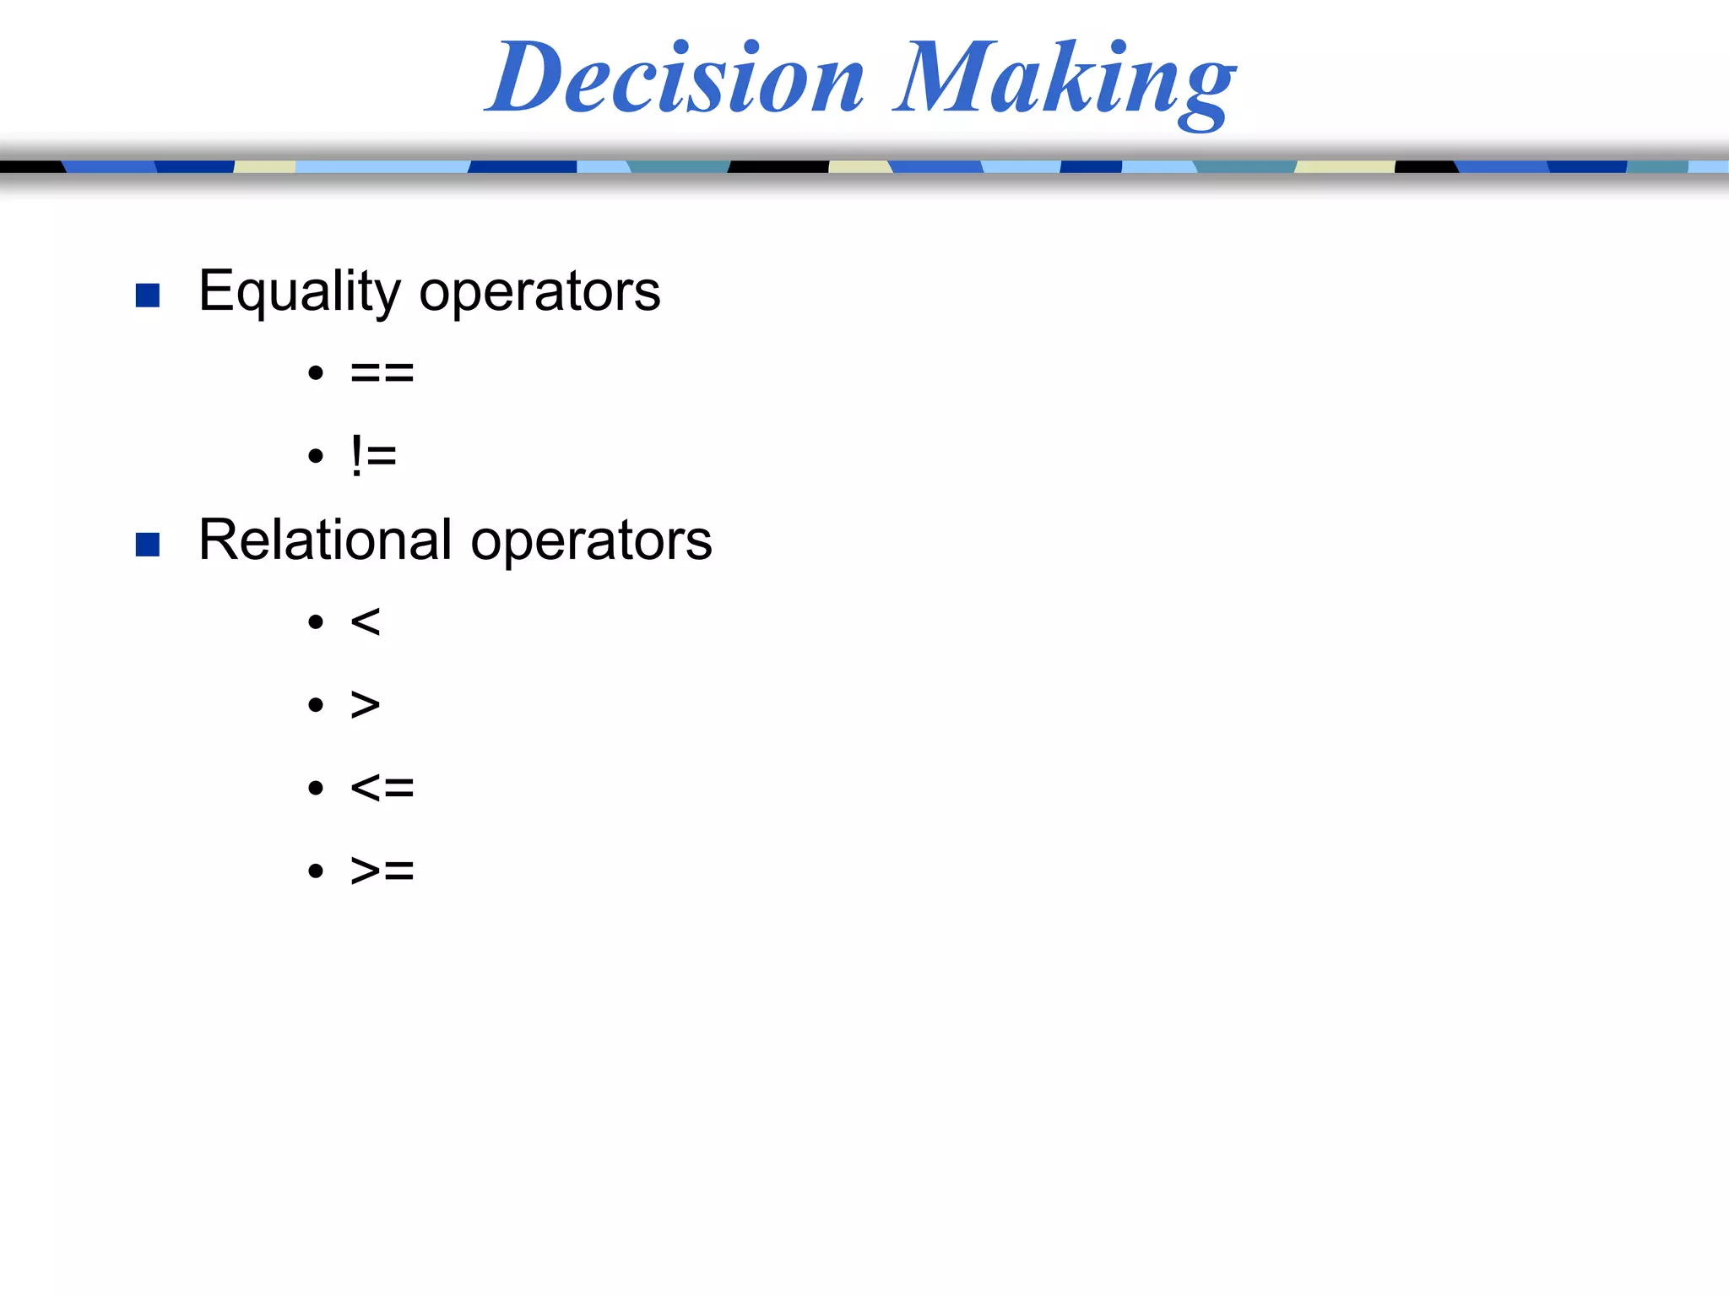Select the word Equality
click(300, 292)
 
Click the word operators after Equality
click(539, 292)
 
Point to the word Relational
click(325, 540)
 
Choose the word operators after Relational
click(591, 541)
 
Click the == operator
click(382, 372)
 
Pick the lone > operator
click(366, 704)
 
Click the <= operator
click(382, 788)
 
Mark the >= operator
click(382, 870)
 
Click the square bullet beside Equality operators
click(148, 295)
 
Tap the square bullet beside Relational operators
click(148, 545)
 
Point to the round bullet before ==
click(316, 372)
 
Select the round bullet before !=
click(316, 457)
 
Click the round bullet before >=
click(316, 871)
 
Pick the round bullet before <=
click(316, 789)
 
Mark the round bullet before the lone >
click(316, 705)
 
